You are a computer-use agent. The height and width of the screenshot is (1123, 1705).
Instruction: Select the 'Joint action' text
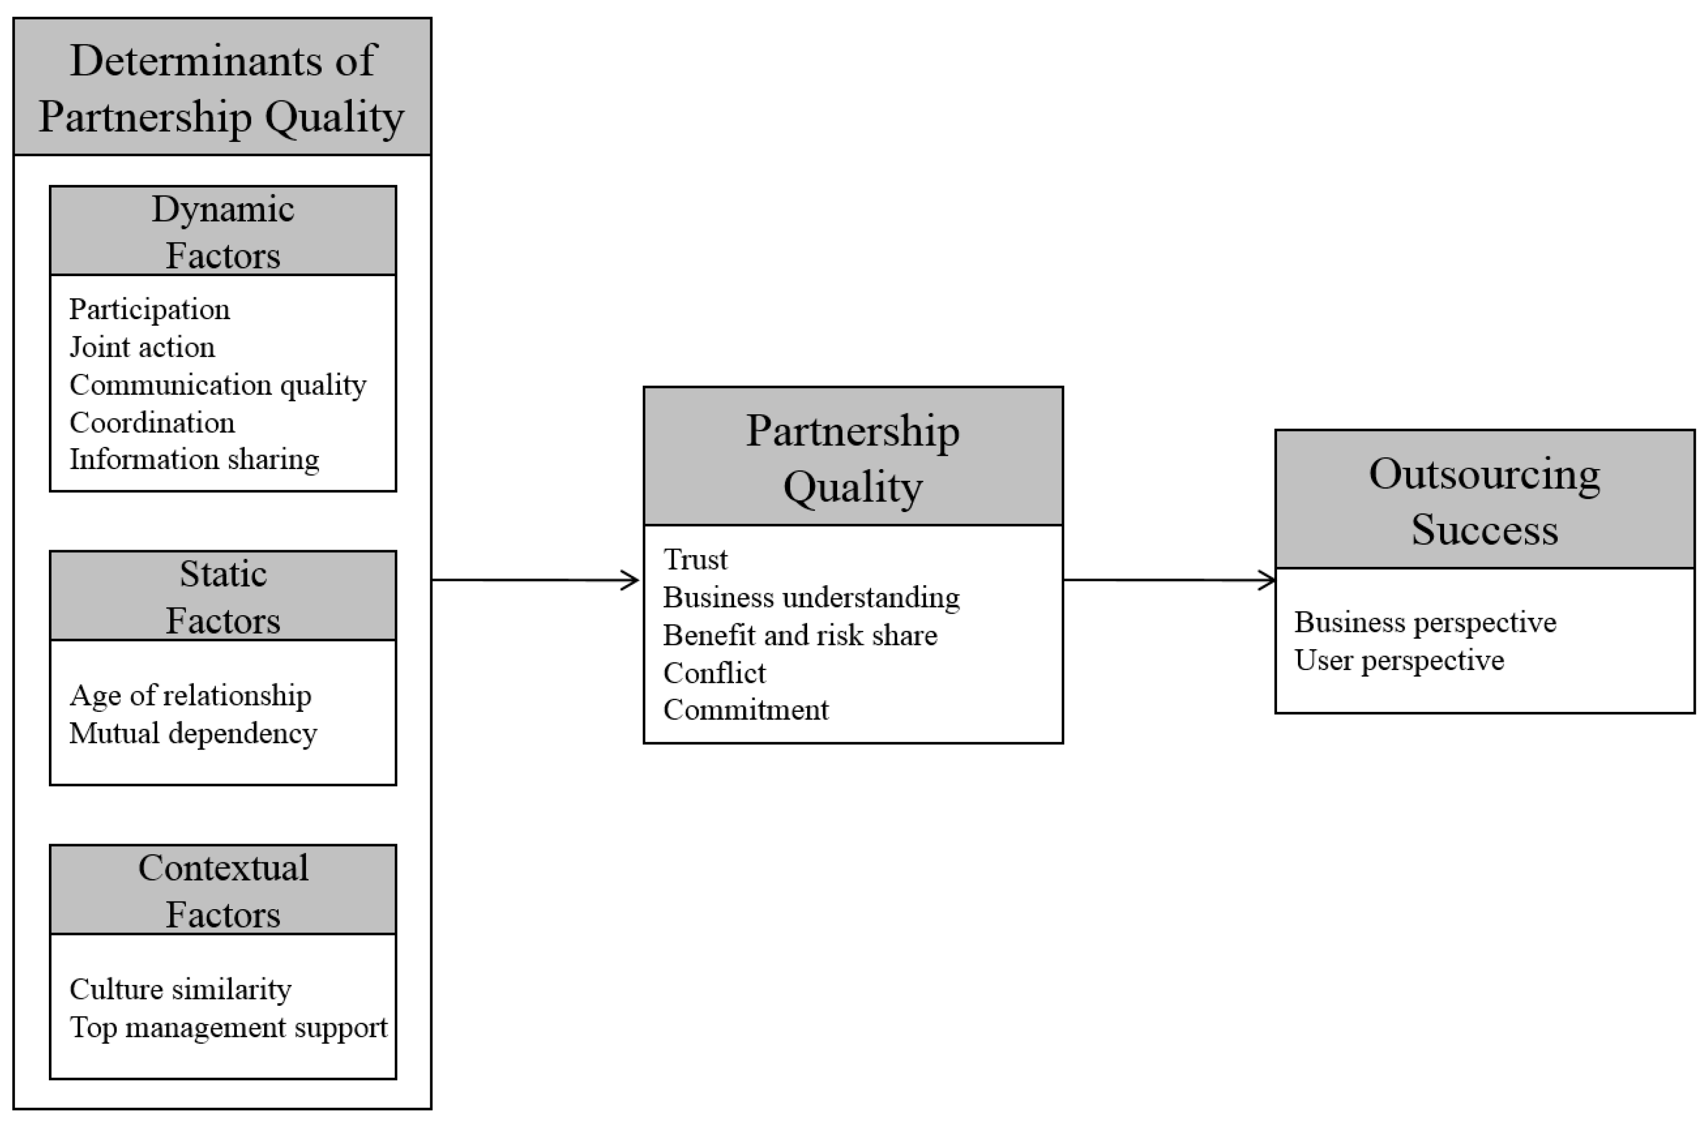142,348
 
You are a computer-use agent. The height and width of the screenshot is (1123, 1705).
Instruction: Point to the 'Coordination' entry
152,423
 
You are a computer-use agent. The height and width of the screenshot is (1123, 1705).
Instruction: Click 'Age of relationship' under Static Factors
190,696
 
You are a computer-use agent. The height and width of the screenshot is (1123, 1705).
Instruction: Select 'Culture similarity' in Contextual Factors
180,990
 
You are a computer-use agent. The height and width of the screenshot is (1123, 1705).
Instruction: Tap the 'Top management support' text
228,1028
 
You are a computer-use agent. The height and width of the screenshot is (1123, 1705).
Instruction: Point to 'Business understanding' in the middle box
811,598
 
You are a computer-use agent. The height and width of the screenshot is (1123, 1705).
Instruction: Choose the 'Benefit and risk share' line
800,636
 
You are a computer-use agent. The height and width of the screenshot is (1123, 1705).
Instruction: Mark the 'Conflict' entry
714,673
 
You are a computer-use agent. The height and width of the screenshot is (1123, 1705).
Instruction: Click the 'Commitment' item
746,710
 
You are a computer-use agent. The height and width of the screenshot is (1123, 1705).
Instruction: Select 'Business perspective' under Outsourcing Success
1425,623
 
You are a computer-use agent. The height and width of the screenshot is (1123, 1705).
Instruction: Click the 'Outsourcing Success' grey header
1484,500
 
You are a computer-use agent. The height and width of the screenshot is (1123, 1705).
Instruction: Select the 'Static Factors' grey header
223,595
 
